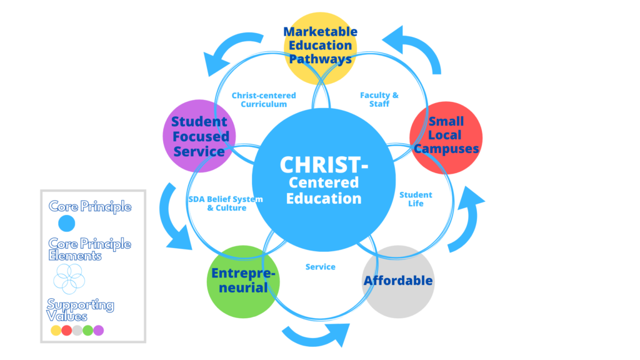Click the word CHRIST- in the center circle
pyautogui.click(x=324, y=165)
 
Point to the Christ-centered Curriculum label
pyautogui.click(x=264, y=100)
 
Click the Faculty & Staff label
pyautogui.click(x=379, y=100)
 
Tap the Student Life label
pyautogui.click(x=416, y=199)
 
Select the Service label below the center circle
pyautogui.click(x=321, y=267)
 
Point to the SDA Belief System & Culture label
pyautogui.click(x=226, y=204)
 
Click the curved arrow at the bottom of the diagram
pyautogui.click(x=316, y=335)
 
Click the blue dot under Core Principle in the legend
pyautogui.click(x=66, y=223)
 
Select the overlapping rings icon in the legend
pyautogui.click(x=69, y=277)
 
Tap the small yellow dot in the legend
pyautogui.click(x=56, y=331)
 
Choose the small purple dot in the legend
pyautogui.click(x=98, y=331)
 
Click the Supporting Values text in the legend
pyautogui.click(x=80, y=310)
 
